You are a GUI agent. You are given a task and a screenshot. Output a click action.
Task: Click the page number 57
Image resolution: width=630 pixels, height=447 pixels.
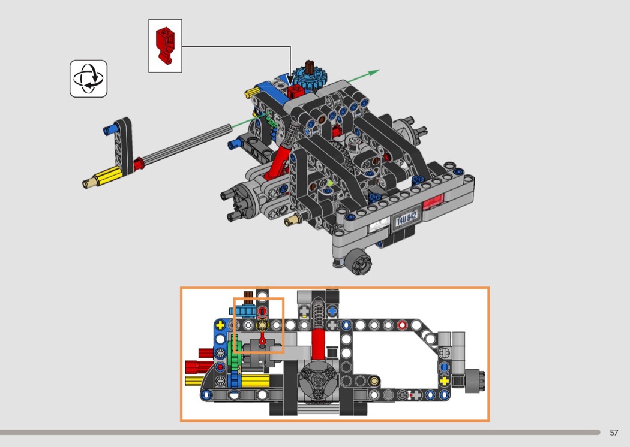614,433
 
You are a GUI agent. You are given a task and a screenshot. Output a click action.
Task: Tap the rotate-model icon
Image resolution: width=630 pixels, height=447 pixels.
88,78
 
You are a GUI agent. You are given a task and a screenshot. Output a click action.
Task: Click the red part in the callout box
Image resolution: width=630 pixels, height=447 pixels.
165,46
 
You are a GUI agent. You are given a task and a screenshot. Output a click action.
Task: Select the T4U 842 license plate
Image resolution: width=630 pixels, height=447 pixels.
407,218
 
